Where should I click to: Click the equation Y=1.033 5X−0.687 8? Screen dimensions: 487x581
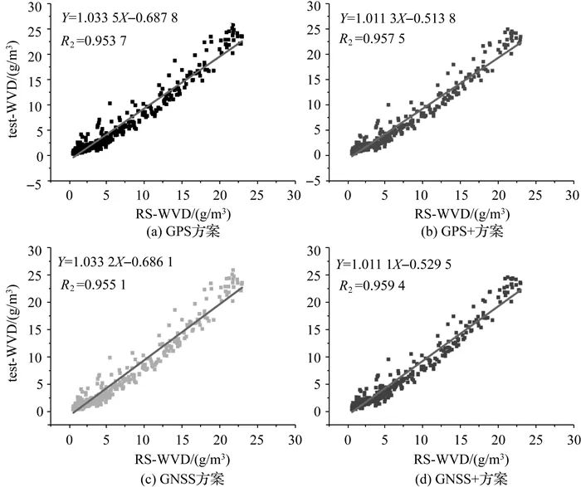pyautogui.click(x=125, y=17)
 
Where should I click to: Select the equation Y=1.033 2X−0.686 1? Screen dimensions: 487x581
pyautogui.click(x=125, y=265)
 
